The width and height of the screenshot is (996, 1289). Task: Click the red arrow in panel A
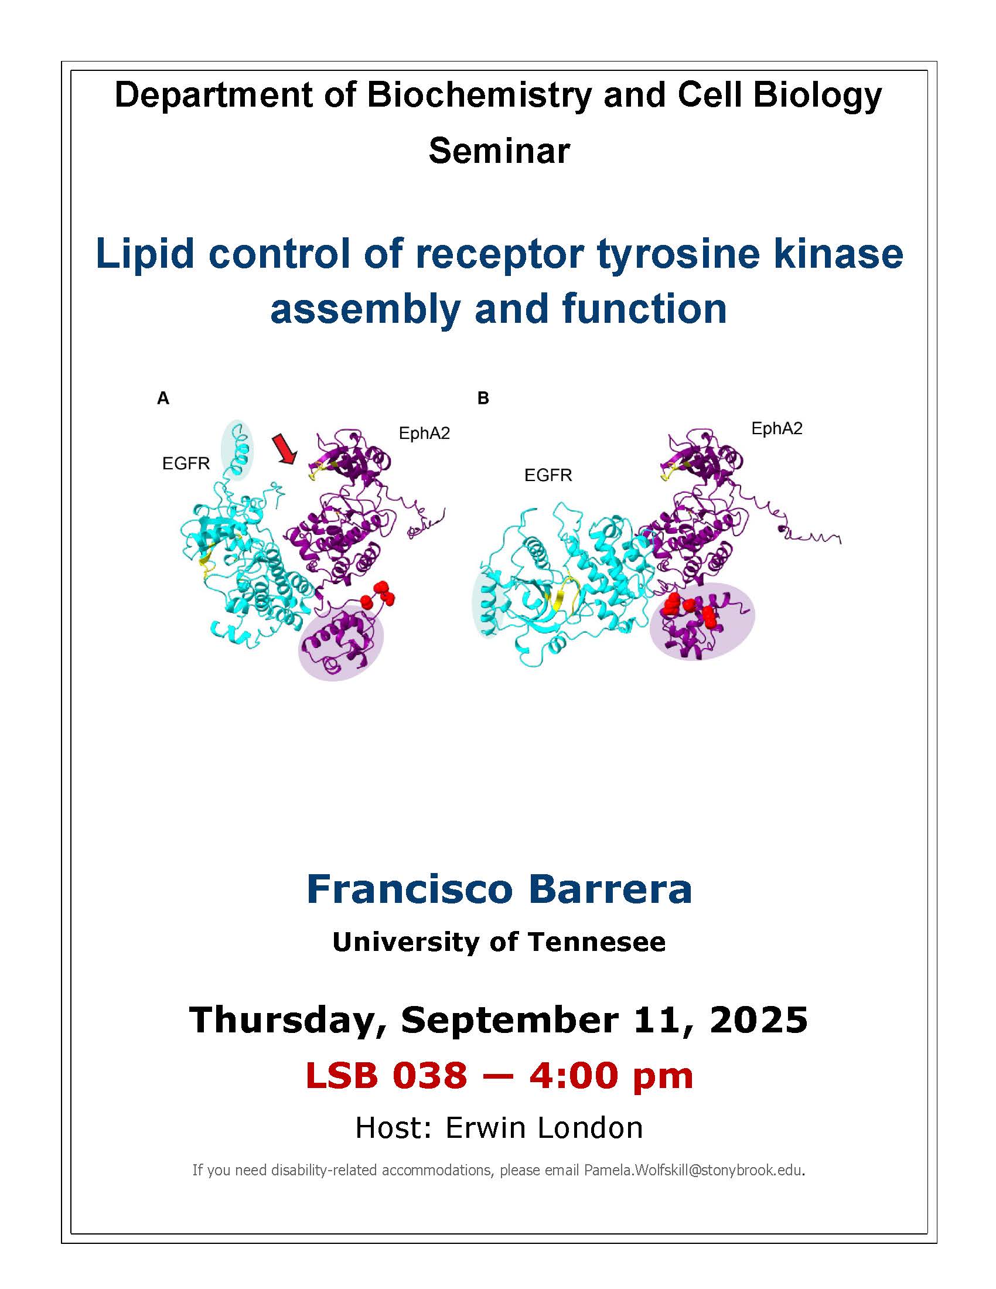pos(285,449)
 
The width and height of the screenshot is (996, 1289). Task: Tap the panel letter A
pos(163,399)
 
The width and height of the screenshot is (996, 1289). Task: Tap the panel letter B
pos(483,399)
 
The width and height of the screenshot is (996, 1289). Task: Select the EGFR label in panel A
pos(186,464)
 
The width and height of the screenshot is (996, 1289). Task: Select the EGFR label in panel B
pos(548,475)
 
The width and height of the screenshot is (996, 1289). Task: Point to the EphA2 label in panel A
pos(424,434)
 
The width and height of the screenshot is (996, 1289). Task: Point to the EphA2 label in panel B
pos(776,429)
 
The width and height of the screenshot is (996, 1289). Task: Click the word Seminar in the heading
pos(499,151)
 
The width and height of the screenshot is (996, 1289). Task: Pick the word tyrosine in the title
pos(673,254)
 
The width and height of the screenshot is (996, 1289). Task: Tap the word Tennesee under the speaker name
pos(596,943)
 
